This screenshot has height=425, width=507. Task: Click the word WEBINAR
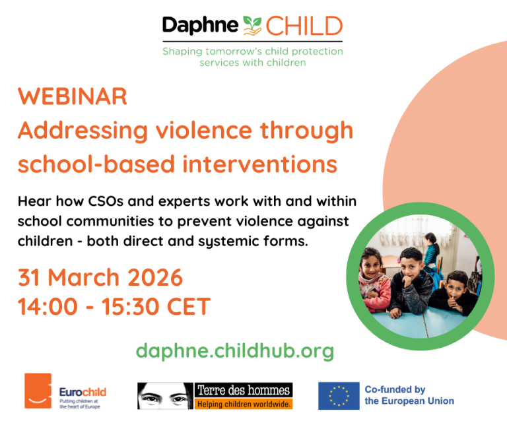pyautogui.click(x=73, y=96)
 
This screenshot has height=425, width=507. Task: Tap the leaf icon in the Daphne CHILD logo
pyautogui.click(x=252, y=26)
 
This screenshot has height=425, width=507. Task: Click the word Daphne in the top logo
pyautogui.click(x=200, y=26)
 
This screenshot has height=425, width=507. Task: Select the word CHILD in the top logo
pyautogui.click(x=304, y=26)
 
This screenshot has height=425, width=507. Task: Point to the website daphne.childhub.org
pyautogui.click(x=235, y=350)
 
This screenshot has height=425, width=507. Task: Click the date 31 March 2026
pyautogui.click(x=100, y=278)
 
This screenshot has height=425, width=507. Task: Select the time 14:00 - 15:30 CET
pyautogui.click(x=114, y=306)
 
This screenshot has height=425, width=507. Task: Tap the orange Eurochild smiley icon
pyautogui.click(x=38, y=391)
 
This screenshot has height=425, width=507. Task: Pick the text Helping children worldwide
pyautogui.click(x=244, y=403)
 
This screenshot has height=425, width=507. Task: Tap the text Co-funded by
pyautogui.click(x=395, y=390)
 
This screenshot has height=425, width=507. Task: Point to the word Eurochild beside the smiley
pyautogui.click(x=83, y=392)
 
